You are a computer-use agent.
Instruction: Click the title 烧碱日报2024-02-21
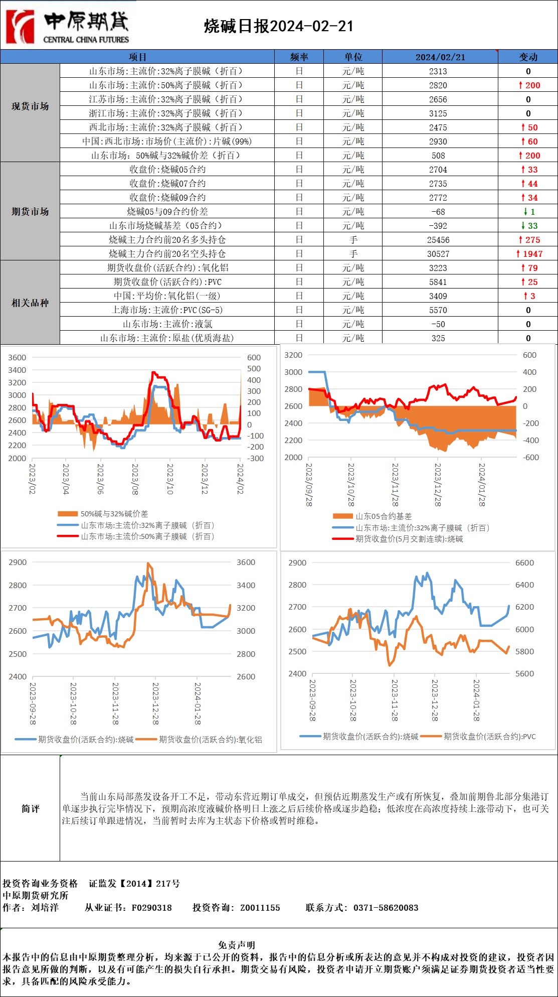[279, 26]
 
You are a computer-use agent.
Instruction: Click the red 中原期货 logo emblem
[20, 26]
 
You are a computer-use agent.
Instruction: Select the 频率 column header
[299, 57]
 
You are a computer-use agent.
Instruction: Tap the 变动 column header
[528, 57]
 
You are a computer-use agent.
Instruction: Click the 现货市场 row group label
[30, 106]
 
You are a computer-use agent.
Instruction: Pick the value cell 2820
[438, 85]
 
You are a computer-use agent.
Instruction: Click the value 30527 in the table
[438, 254]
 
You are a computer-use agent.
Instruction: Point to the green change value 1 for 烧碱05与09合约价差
[532, 212]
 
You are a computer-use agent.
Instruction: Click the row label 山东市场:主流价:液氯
[167, 324]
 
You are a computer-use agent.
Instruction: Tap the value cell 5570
[438, 310]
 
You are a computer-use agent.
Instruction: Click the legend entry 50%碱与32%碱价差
[114, 514]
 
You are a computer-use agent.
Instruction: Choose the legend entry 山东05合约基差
[384, 516]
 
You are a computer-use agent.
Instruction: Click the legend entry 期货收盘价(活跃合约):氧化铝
[210, 740]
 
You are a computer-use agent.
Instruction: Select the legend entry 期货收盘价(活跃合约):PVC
[489, 737]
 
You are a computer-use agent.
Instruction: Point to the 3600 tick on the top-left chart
[17, 358]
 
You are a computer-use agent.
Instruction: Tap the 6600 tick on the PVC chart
[524, 563]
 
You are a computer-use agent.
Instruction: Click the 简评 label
[30, 808]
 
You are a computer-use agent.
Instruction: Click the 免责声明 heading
[237, 945]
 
